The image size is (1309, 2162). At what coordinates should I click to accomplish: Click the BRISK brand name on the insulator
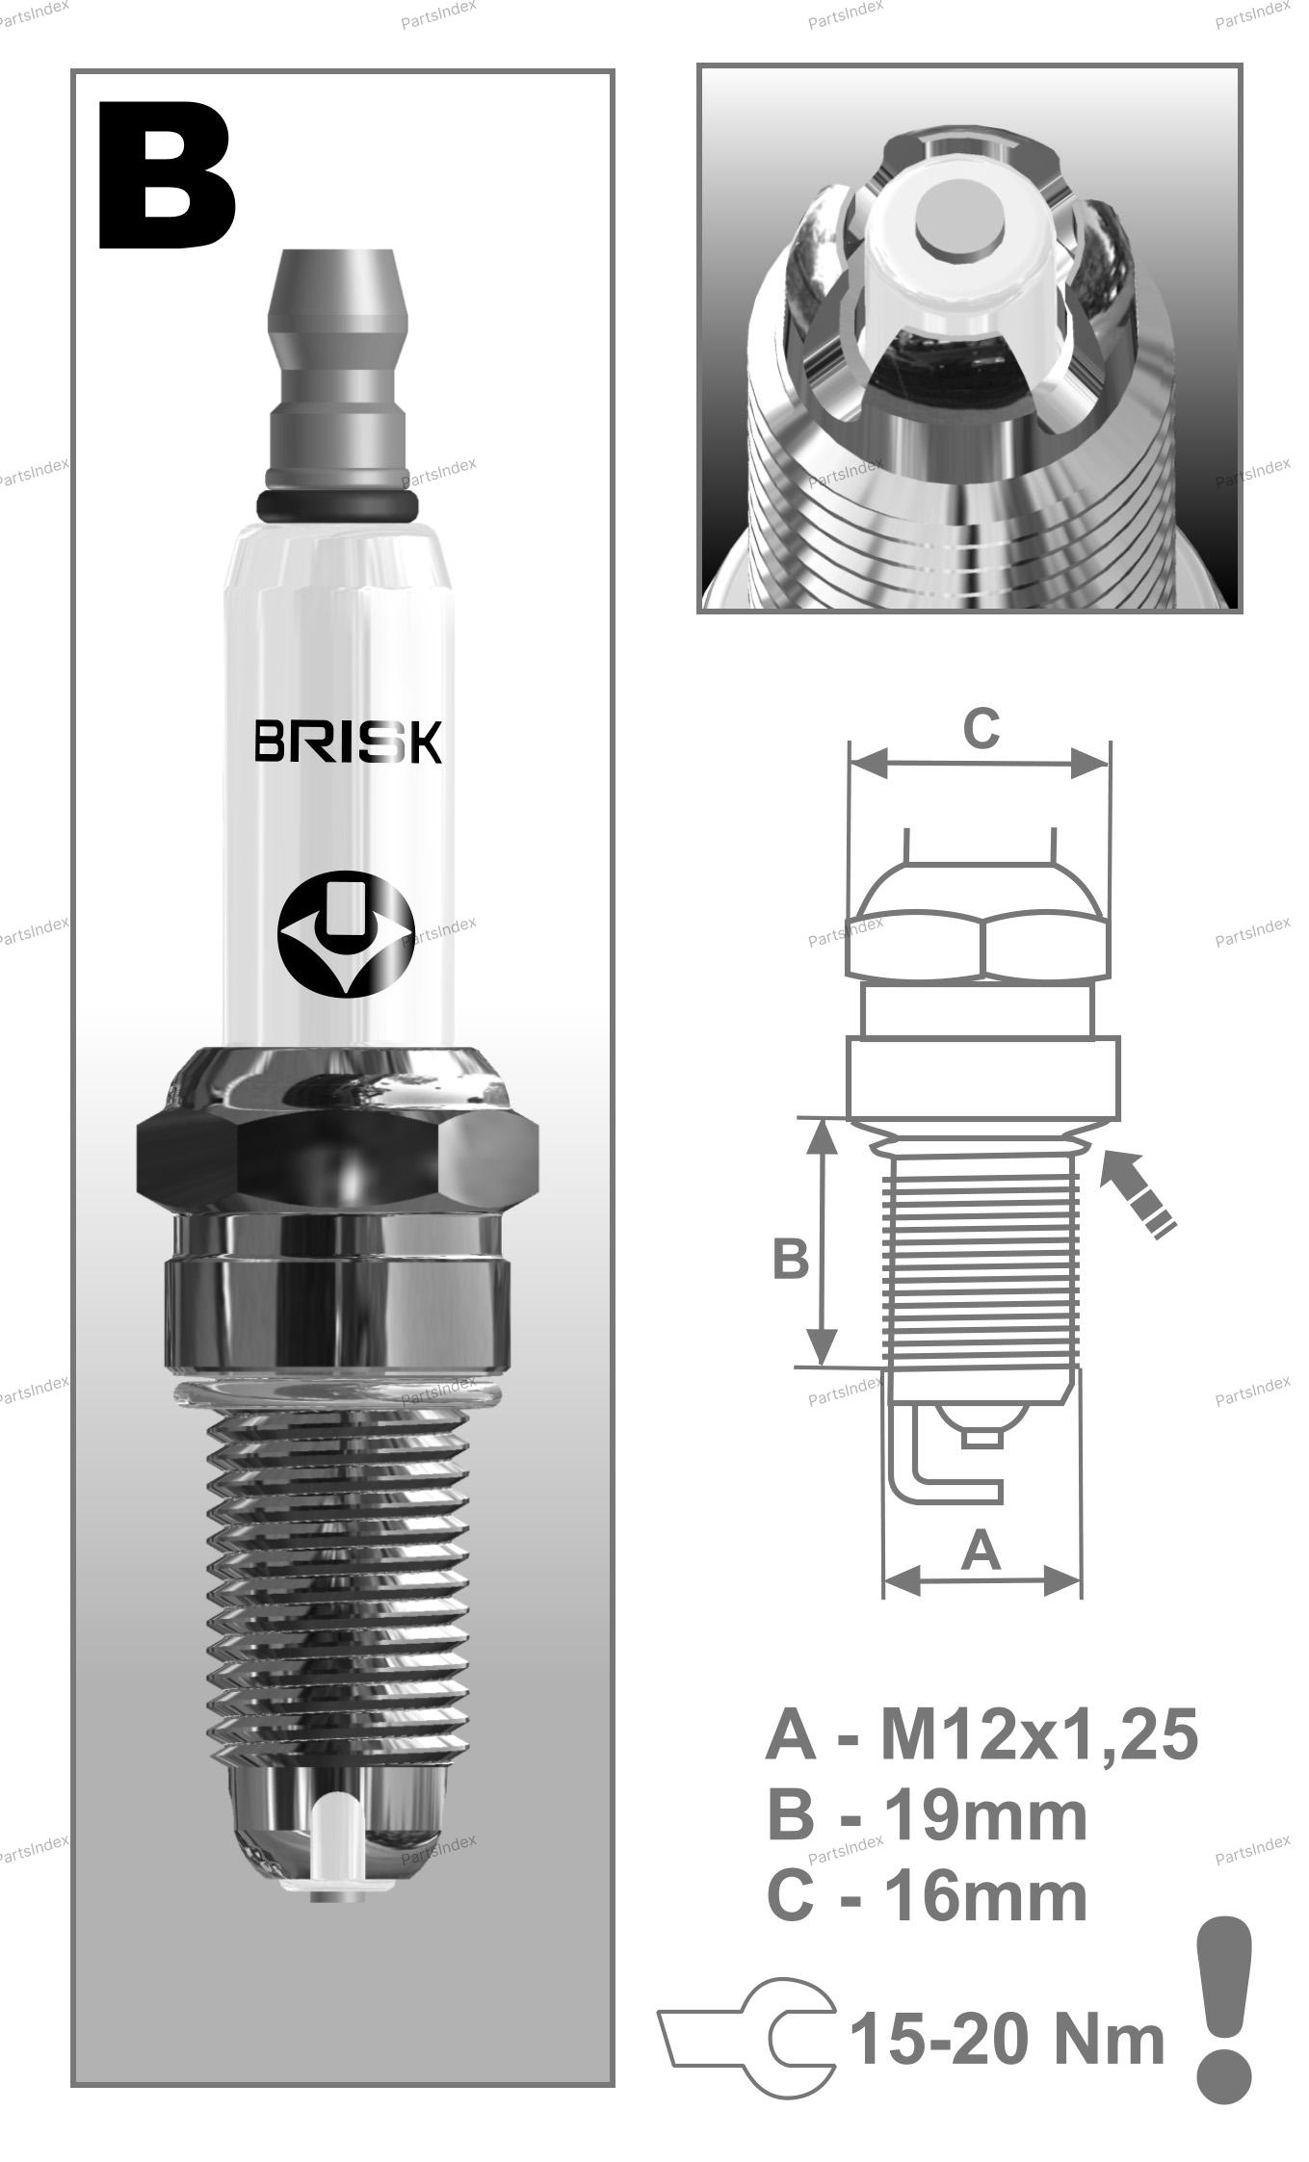(x=348, y=742)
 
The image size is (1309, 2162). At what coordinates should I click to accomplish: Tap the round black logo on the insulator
(x=346, y=933)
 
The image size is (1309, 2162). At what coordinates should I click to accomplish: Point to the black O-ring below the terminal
(x=337, y=504)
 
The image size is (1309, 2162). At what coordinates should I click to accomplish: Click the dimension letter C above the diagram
(x=981, y=729)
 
